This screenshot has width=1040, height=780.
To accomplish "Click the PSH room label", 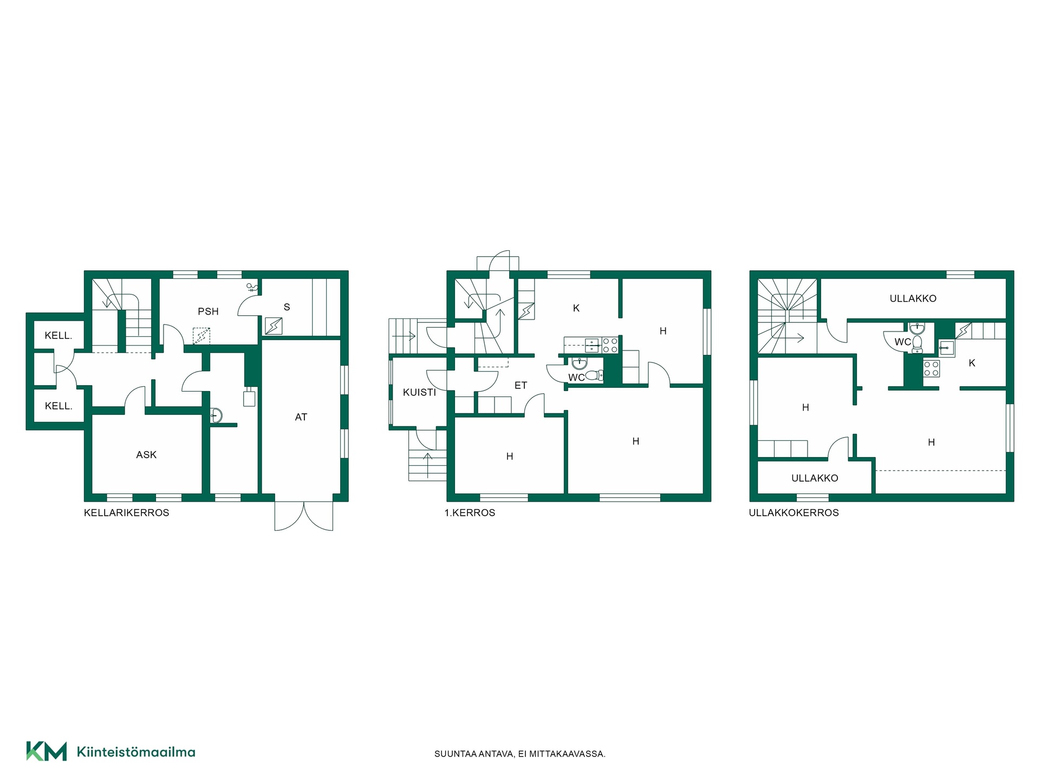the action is click(208, 311).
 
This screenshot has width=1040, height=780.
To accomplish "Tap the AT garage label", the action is click(301, 417).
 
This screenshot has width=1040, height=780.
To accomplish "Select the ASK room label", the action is click(146, 455).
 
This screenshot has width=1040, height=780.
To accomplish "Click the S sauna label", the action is click(287, 307).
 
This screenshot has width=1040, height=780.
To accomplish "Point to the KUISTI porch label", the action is click(419, 392).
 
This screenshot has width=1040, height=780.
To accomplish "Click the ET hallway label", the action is click(521, 386).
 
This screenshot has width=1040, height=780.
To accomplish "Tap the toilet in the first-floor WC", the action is click(595, 375).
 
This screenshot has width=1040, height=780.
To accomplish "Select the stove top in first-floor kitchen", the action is click(610, 345).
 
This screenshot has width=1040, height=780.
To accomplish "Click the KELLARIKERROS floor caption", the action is click(126, 513).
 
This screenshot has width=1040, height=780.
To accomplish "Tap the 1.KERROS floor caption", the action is click(470, 513).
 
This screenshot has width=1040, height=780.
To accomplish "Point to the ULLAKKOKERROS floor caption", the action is click(794, 513).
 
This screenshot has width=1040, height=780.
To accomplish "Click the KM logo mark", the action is click(47, 751).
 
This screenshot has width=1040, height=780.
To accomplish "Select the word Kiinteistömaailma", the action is click(136, 752).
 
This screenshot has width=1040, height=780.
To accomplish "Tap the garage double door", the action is click(304, 516).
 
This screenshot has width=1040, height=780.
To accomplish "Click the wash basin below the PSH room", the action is click(216, 415).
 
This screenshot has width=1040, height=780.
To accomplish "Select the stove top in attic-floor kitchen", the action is click(931, 369).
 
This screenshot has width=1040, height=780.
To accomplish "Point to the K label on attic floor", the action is click(972, 363).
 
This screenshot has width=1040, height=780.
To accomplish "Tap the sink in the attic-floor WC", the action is click(916, 329).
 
